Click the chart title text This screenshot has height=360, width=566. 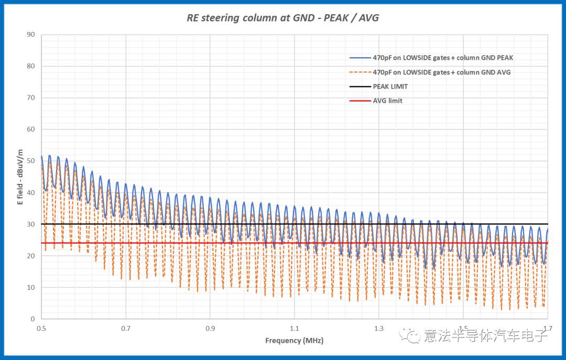(282, 18)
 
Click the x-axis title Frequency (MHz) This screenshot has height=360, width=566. (294, 341)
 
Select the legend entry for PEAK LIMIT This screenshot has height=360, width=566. (390, 86)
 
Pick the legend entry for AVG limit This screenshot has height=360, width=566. (387, 101)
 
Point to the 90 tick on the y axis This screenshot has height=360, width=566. (31, 35)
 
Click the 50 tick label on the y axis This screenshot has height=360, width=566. (31, 161)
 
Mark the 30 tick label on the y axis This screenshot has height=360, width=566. (31, 224)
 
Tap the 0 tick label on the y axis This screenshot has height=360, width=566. (32, 319)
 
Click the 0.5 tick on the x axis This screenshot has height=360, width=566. (41, 328)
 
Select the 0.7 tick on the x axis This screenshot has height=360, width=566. (126, 328)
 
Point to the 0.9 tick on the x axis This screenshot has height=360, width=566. (210, 328)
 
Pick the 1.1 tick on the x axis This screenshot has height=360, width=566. (295, 328)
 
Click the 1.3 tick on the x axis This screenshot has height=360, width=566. (379, 328)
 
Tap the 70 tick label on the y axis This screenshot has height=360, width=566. (31, 98)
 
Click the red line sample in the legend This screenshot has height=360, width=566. (360, 101)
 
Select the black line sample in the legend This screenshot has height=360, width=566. (360, 86)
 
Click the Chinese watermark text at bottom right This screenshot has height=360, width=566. (485, 335)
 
